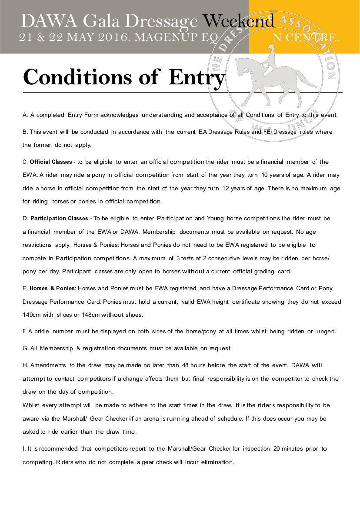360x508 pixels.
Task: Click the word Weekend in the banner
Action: [239, 21]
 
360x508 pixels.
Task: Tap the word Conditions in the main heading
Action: [77, 77]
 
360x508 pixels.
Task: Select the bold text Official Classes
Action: [51, 162]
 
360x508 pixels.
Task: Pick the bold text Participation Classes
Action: [59, 218]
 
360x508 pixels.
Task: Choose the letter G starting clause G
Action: [25, 349]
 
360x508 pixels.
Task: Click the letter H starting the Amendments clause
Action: [25, 365]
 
